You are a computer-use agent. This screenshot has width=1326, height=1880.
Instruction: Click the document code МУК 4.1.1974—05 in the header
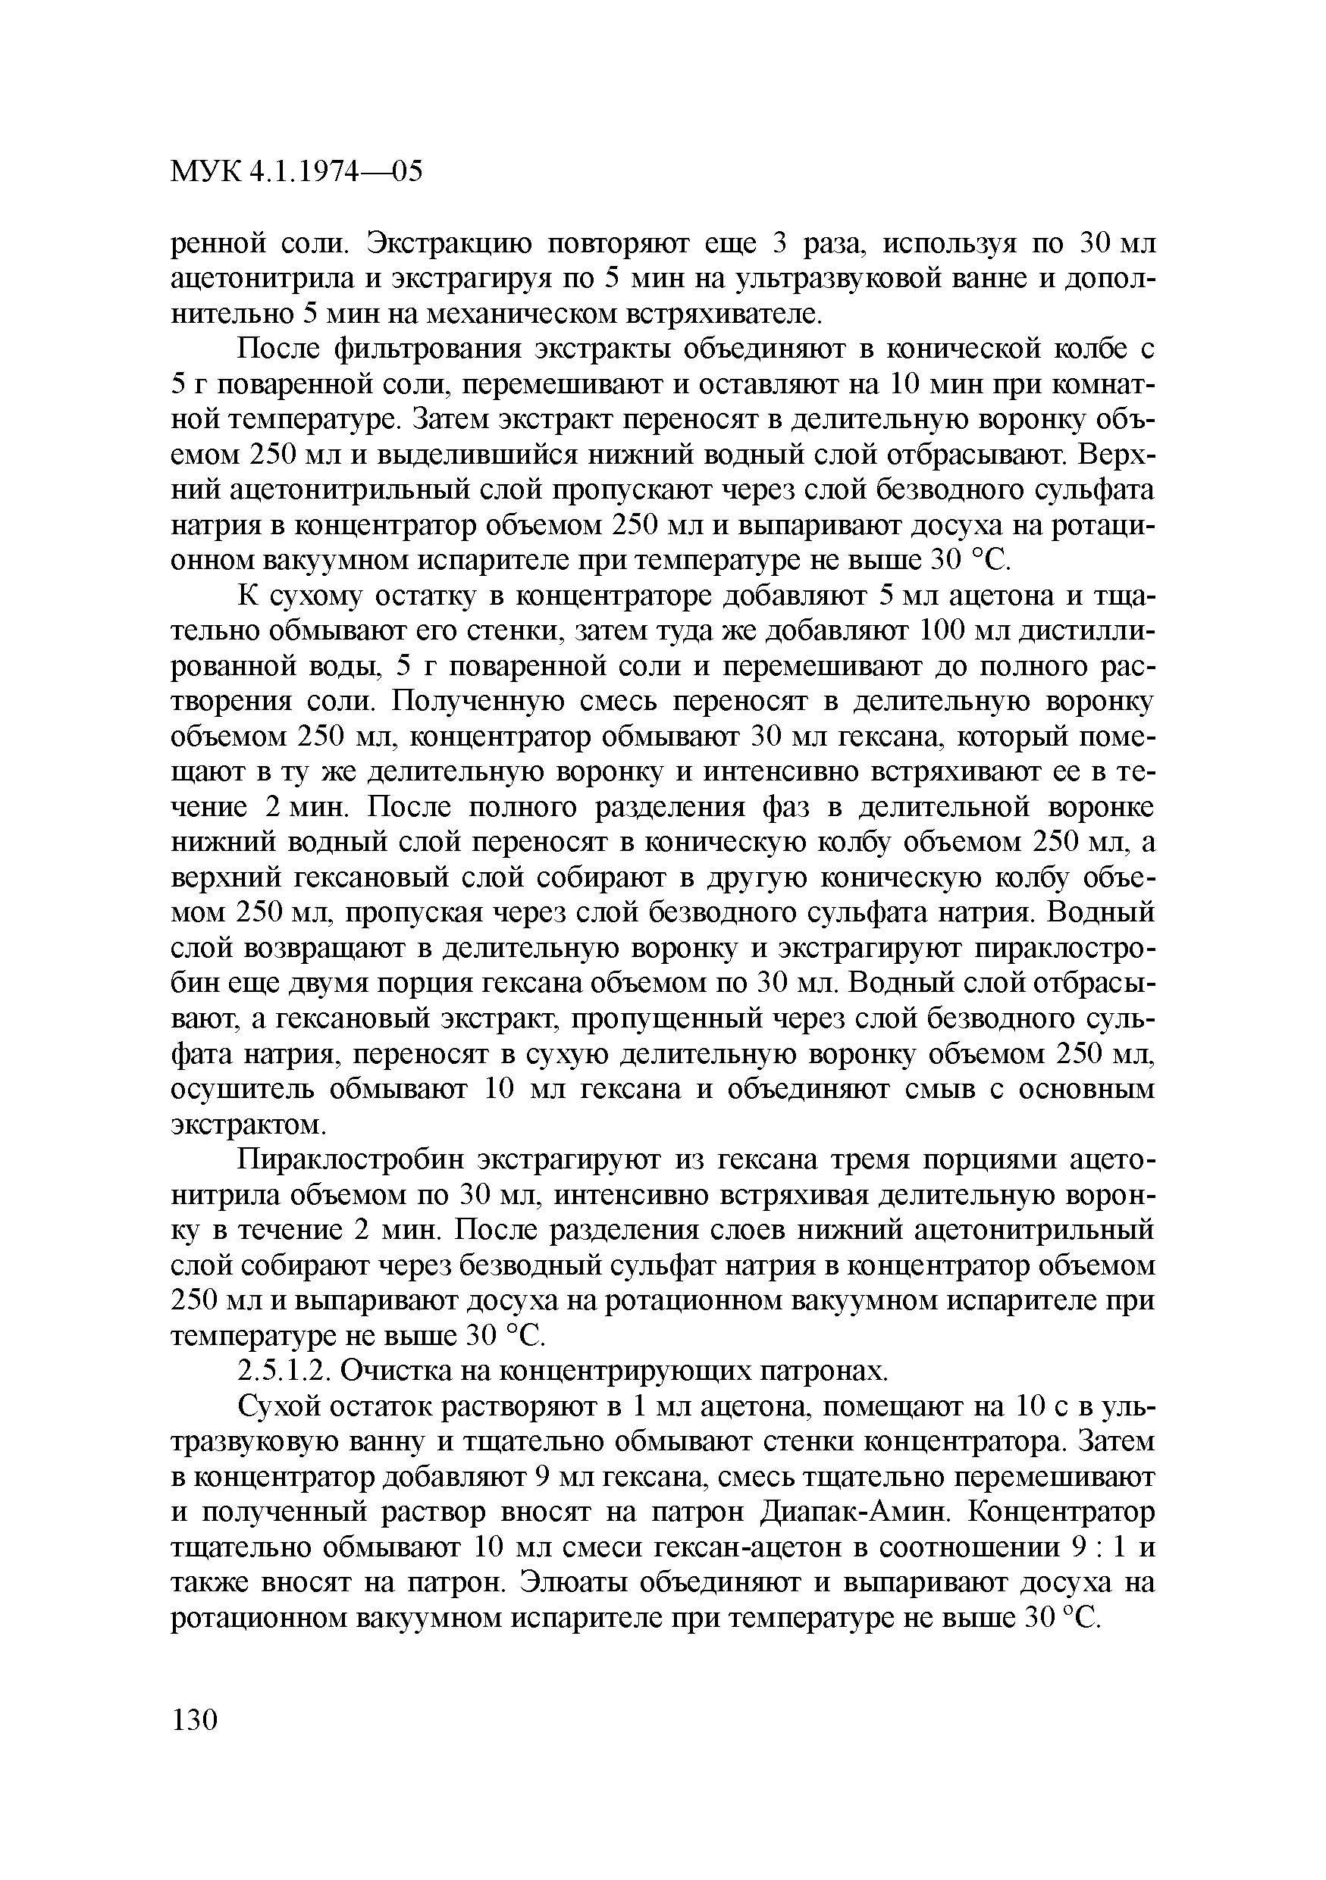click(297, 172)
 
